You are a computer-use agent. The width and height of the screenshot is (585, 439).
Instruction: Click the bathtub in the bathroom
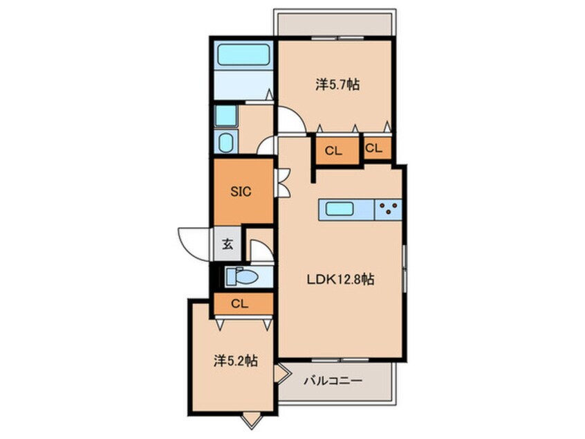point(243,55)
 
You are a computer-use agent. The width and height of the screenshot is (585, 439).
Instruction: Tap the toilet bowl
point(243,277)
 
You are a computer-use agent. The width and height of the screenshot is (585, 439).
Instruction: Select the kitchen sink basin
point(340,209)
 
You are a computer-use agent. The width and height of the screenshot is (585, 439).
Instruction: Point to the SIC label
point(241,192)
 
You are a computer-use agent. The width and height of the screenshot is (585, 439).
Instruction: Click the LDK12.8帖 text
point(341,280)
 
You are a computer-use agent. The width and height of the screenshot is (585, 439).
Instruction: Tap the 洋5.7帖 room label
point(337,84)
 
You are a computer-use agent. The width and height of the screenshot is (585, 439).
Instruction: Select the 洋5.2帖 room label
point(236,361)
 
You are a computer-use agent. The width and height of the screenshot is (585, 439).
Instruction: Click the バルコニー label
point(333,381)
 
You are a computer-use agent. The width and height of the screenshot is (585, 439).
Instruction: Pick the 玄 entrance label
point(228,244)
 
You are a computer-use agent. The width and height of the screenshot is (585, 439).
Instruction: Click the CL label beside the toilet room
point(239,304)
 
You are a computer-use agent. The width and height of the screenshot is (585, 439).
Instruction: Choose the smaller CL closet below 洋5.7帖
point(378,148)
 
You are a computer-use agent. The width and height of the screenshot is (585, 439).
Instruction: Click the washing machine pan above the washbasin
point(225,116)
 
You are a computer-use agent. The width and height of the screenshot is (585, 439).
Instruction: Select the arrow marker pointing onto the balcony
point(282,374)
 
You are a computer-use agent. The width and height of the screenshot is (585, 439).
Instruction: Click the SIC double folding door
point(282,183)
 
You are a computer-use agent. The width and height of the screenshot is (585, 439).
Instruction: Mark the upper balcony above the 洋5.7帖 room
point(335,23)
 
